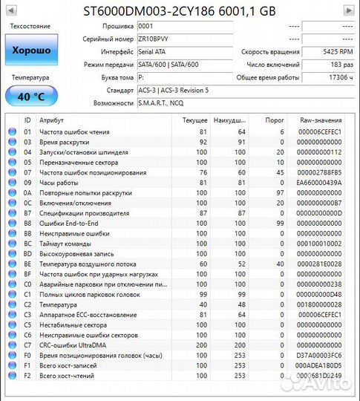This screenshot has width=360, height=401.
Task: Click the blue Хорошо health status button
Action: [30, 50]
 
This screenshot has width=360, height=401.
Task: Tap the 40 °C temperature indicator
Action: [30, 97]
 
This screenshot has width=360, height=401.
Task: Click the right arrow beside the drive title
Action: [348, 10]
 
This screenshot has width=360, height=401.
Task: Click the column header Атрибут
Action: [52, 120]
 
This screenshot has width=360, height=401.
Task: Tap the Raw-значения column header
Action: [321, 120]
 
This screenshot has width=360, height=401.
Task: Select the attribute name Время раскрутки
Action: [65, 142]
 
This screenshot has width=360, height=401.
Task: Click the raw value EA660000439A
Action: [321, 182]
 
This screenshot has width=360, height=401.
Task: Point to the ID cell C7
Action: [27, 345]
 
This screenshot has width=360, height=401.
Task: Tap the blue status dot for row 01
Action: [12, 131]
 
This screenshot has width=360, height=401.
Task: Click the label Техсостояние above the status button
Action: [30, 26]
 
